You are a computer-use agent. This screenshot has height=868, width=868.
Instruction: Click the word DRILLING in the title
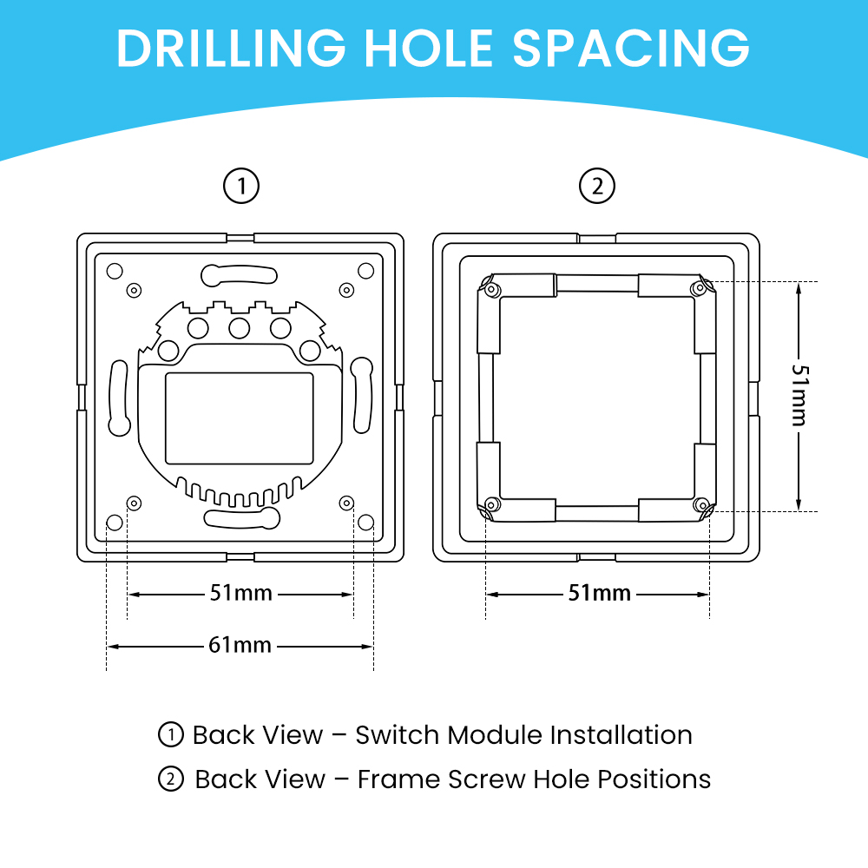pos(232,48)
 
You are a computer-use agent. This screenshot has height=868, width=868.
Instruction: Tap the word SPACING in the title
pos(631,48)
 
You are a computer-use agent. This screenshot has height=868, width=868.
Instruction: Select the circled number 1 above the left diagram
pos(241,186)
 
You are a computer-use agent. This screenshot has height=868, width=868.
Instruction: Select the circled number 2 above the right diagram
pos(597,186)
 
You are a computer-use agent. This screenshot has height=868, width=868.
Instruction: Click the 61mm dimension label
pos(240,646)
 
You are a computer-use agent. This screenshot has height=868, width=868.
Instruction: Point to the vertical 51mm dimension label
pos(799,395)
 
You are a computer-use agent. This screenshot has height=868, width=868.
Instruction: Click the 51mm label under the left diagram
pos(240,594)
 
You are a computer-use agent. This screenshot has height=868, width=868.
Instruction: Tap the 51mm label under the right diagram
pos(600,594)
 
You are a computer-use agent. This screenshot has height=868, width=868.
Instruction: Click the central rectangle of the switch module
pos(240,418)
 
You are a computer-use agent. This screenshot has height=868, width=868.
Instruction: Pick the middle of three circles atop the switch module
pos(240,328)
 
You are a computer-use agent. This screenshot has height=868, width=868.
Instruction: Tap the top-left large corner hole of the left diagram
pos(115,271)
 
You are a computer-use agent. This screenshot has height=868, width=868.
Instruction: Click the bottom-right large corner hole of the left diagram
pos(366,522)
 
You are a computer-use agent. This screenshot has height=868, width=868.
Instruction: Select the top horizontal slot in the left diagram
pos(240,275)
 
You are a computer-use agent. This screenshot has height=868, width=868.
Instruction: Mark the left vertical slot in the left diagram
pos(119,398)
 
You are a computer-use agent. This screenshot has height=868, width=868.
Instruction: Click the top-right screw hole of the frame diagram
pos(700,288)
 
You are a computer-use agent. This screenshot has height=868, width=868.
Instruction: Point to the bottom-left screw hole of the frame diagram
pos(492,504)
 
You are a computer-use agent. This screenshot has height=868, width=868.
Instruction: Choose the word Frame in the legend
pos(398,779)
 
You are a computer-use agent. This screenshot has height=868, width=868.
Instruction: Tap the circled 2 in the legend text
pos(170,779)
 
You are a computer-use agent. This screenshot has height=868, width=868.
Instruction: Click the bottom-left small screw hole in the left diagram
pos(134,503)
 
